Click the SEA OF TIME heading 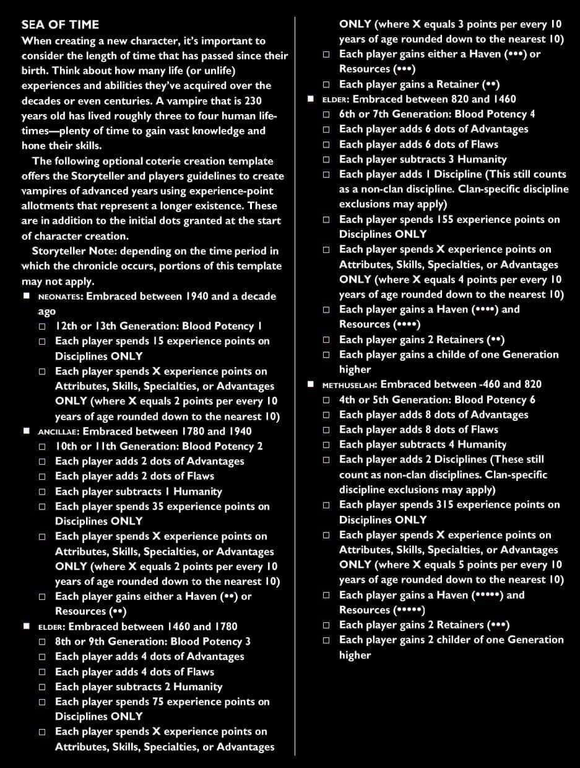pyautogui.click(x=60, y=25)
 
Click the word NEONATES pyautogui.click(x=59, y=297)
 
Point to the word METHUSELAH pyautogui.click(x=349, y=385)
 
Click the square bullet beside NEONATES pyautogui.click(x=27, y=296)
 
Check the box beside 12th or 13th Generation pyautogui.click(x=42, y=326)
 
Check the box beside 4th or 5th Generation pyautogui.click(x=326, y=400)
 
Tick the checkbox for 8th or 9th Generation pyautogui.click(x=42, y=642)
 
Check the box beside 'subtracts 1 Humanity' pyautogui.click(x=42, y=492)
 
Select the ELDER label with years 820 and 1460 pyautogui.click(x=335, y=99)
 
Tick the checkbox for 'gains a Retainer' pyautogui.click(x=326, y=84)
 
